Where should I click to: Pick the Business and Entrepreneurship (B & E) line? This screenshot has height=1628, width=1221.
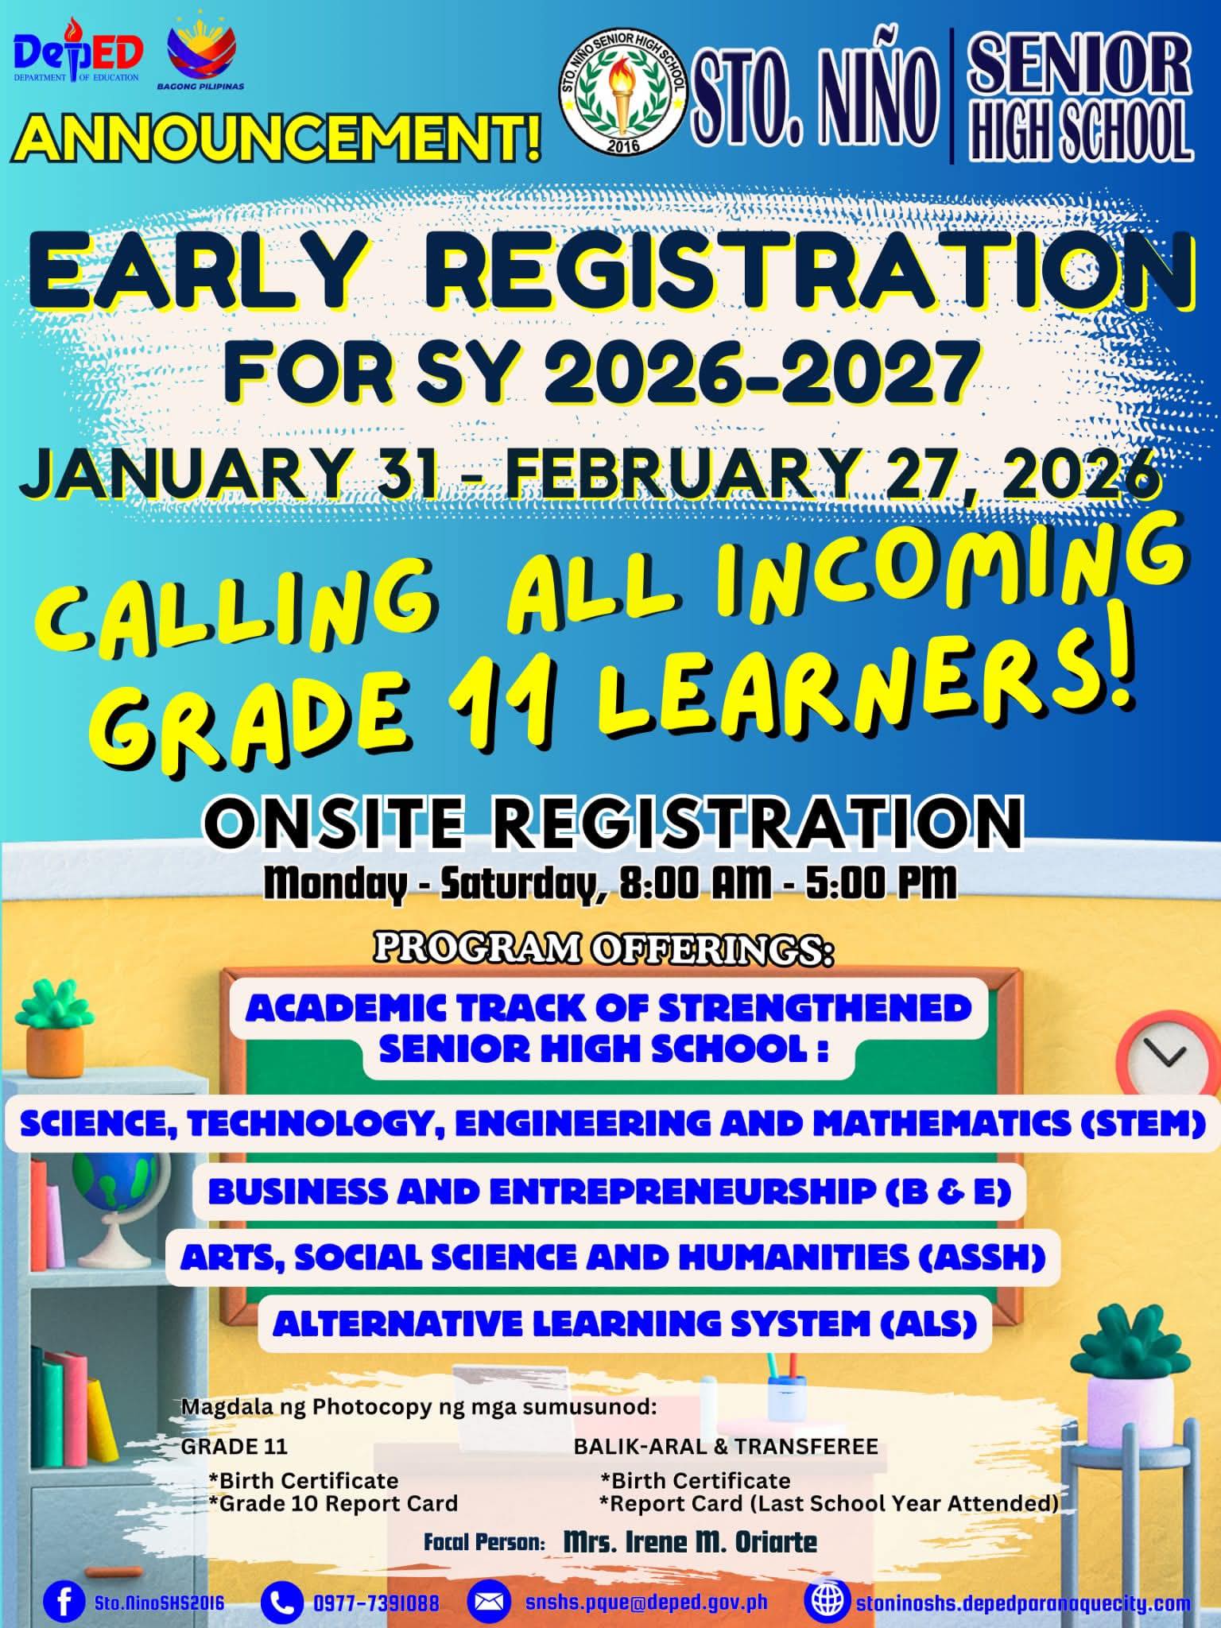click(x=610, y=1191)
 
